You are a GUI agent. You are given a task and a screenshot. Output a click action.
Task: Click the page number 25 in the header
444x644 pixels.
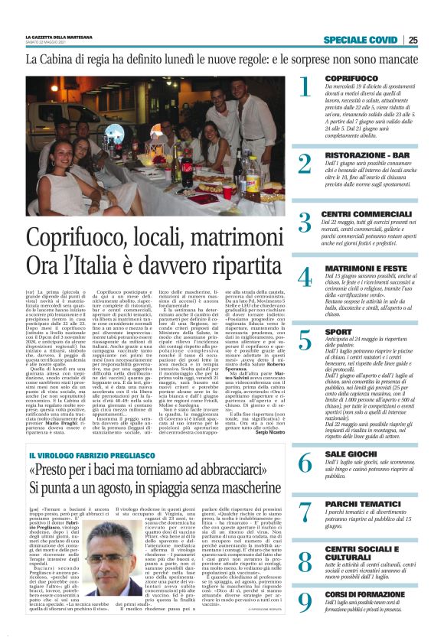(413, 41)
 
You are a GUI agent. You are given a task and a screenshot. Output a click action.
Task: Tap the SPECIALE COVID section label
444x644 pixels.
(361, 41)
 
